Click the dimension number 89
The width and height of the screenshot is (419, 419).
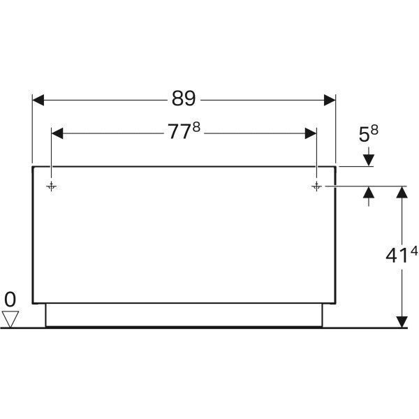[x=184, y=99]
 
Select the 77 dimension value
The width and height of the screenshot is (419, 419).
[x=179, y=132]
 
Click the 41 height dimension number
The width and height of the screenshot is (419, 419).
[x=396, y=256]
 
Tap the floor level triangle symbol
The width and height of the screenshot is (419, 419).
[x=10, y=320]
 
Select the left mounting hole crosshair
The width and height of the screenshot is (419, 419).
[x=52, y=186]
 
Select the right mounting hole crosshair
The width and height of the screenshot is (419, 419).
[x=316, y=186]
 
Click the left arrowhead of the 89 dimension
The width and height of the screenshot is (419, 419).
[x=39, y=100]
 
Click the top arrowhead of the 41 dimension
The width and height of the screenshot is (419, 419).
[x=402, y=193]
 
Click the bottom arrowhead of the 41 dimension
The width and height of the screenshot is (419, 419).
[x=402, y=321]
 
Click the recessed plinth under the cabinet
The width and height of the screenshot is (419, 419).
[x=184, y=315]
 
